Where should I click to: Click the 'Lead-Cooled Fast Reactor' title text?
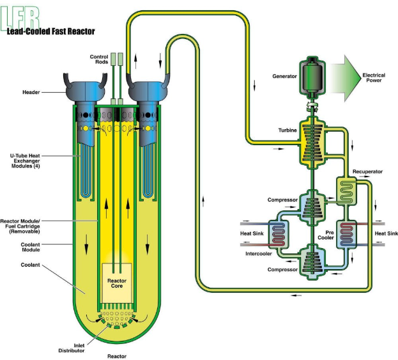tap(51, 30)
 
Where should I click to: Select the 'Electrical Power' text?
tap(374, 78)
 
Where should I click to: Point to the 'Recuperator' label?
tap(367, 172)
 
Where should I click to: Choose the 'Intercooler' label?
tap(259, 253)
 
